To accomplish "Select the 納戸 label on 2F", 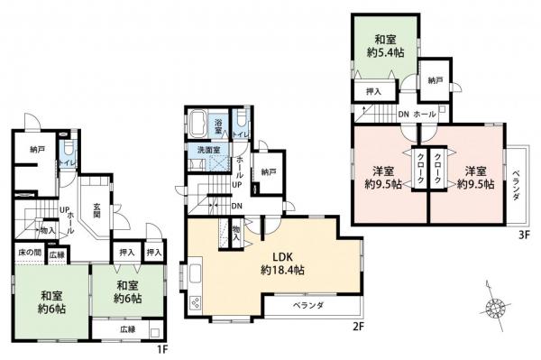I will pos(267,171).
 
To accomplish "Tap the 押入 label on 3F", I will pos(372,91).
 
